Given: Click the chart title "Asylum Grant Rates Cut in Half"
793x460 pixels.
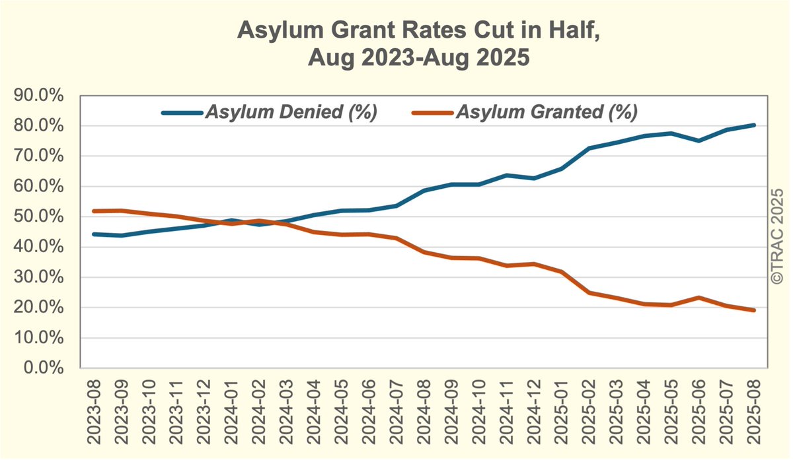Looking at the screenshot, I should click(419, 30).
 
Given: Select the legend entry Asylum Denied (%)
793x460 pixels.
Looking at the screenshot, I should click(291, 112).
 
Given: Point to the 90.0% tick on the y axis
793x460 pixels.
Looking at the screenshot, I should click(39, 96).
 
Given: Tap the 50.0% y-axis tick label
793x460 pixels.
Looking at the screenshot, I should click(39, 217).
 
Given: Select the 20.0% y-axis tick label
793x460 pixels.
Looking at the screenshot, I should click(39, 308).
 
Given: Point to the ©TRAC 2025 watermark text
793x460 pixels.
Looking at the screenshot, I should click(777, 234).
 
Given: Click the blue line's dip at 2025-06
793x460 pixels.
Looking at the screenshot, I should click(699, 141).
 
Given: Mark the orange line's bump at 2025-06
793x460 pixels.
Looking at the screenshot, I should click(699, 298).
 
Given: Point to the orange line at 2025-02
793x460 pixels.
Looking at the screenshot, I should click(589, 292).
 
